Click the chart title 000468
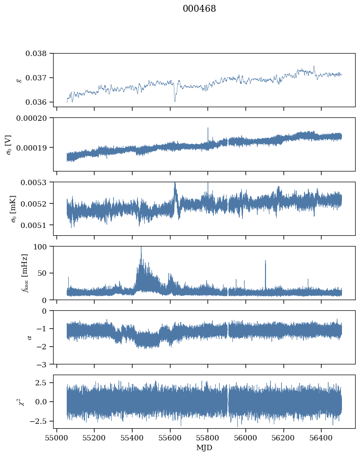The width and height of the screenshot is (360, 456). [x=199, y=9]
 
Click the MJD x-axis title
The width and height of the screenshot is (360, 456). [x=204, y=447]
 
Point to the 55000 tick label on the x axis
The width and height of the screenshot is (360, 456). [x=57, y=437]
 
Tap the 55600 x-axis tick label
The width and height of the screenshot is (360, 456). [x=170, y=437]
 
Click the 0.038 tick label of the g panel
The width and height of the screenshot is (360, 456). [x=38, y=53]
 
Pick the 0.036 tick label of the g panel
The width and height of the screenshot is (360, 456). [x=38, y=102]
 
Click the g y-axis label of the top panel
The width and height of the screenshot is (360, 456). [x=19, y=80]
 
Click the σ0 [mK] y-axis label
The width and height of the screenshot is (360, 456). [x=13, y=209]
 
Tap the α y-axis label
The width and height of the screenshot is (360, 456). [x=29, y=337]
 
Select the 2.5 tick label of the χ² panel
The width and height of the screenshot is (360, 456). [x=42, y=383]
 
